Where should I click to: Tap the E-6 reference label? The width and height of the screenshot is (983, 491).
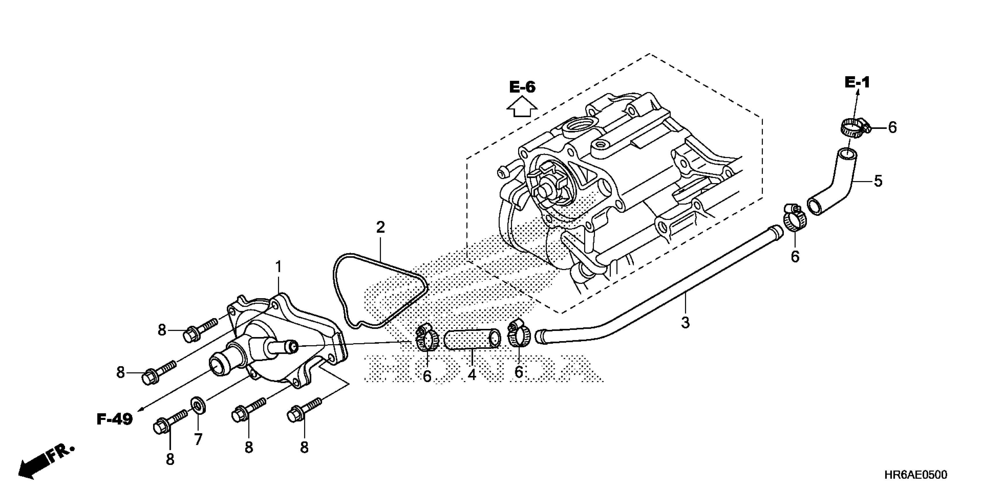pos(522,87)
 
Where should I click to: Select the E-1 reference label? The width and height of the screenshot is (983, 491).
pos(857,82)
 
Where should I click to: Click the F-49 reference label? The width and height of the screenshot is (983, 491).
pos(114,419)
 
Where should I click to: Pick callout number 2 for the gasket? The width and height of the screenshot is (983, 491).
pos(380,228)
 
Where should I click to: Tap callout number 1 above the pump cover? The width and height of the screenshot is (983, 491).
pos(279,267)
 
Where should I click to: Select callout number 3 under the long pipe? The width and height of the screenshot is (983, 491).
pos(685,323)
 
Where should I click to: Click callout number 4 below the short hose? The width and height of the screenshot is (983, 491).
pos(472,375)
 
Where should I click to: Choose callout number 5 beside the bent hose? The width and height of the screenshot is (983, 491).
pos(878,181)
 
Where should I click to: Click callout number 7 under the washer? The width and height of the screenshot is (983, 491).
pos(198,440)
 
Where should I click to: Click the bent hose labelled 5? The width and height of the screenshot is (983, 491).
pos(832,183)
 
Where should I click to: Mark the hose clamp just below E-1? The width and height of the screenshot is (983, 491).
pos(853,129)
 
